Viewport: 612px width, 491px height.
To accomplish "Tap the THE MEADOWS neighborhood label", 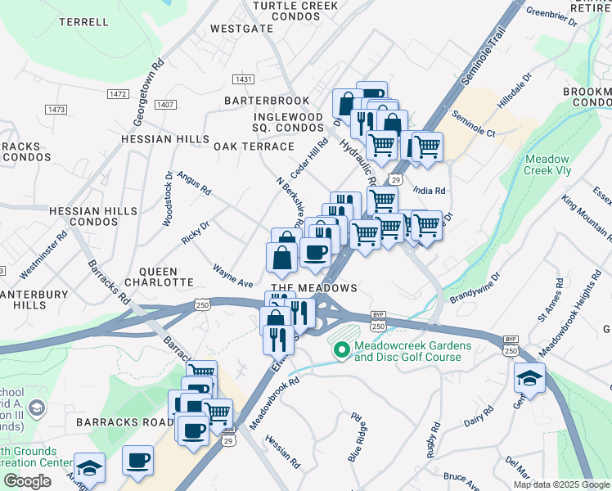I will click(x=314, y=288).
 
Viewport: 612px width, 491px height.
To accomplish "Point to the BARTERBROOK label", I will click(x=268, y=101).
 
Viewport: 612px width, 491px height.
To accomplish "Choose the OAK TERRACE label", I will click(x=254, y=146).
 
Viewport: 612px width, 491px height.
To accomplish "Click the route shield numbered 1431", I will click(x=242, y=79).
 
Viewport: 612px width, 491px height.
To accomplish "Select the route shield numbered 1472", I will click(x=118, y=95).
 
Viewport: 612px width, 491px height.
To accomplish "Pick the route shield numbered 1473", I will click(x=56, y=110).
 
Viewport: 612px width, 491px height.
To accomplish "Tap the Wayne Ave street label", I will click(x=233, y=275).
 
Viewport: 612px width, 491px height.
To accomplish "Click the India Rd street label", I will click(x=430, y=190).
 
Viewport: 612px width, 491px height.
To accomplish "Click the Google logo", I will click(x=28, y=481).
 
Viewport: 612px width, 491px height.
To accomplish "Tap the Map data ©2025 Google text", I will click(x=561, y=484).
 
